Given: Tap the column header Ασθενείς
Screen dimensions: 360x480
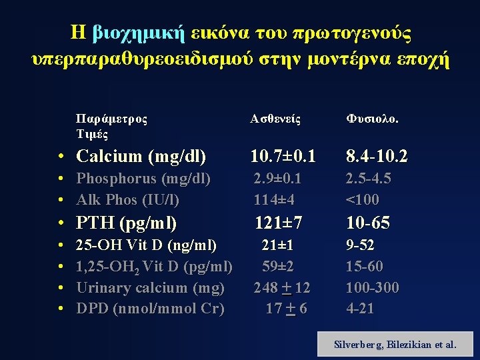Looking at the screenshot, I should pos(275,119).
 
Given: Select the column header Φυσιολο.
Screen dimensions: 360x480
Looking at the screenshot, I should pos(371,119).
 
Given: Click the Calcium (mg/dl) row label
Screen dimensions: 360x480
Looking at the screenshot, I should pos(141,157).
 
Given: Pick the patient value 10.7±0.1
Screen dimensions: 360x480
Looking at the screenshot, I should pos(282,157).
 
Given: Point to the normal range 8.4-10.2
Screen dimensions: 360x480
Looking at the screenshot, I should pos(376,157).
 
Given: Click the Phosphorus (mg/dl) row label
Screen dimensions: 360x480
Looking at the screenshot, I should pos(143,179).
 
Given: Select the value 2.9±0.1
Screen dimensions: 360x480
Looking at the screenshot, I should pos(277,179).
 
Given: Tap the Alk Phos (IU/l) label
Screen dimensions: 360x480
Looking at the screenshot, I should pos(128,199).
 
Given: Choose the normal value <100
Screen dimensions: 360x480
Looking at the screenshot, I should pos(362,199).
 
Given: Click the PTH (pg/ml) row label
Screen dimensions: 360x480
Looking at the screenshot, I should pos(127,223).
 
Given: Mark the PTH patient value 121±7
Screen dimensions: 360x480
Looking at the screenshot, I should pos(279,223).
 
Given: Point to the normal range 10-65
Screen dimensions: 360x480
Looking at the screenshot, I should pos(367,223).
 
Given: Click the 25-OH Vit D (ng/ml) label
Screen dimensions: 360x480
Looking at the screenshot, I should pos(147,245).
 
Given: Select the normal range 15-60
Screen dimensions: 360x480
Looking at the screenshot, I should pos(364,267).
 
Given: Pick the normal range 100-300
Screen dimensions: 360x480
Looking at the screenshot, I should pos(372,288).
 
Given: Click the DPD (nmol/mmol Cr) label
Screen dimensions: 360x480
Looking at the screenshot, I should pos(151,309).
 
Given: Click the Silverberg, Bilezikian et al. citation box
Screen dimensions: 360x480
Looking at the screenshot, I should pos(395,345).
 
